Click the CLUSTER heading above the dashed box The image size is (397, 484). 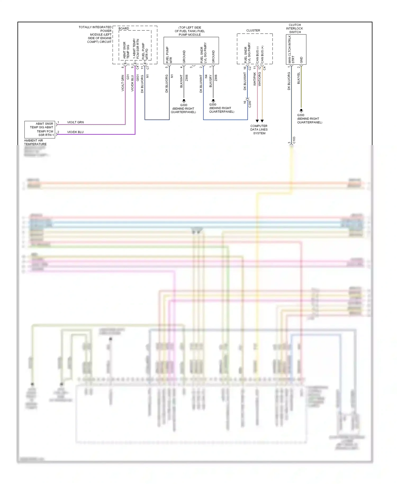[253, 30]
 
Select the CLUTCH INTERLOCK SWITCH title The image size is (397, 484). [295, 28]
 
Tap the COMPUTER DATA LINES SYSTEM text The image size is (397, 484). [259, 129]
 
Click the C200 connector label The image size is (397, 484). [250, 104]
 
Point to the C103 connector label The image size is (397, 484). [294, 140]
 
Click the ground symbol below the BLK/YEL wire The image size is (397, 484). [301, 111]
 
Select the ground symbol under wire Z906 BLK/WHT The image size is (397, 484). [184, 101]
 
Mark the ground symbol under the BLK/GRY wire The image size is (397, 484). [213, 101]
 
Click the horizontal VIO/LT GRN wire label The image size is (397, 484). [75, 122]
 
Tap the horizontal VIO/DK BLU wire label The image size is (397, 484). [75, 132]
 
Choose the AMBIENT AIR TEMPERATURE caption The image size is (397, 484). [35, 142]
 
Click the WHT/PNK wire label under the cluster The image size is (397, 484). [255, 79]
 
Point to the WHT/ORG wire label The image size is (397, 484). [260, 79]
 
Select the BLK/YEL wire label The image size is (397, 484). [299, 78]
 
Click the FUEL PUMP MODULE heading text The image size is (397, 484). [190, 31]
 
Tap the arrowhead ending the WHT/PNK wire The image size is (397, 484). [257, 121]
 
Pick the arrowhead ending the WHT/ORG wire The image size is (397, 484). [262, 121]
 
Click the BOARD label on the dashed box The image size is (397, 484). [124, 28]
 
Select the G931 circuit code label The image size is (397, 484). [138, 78]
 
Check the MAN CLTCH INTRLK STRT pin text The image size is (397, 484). [291, 50]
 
